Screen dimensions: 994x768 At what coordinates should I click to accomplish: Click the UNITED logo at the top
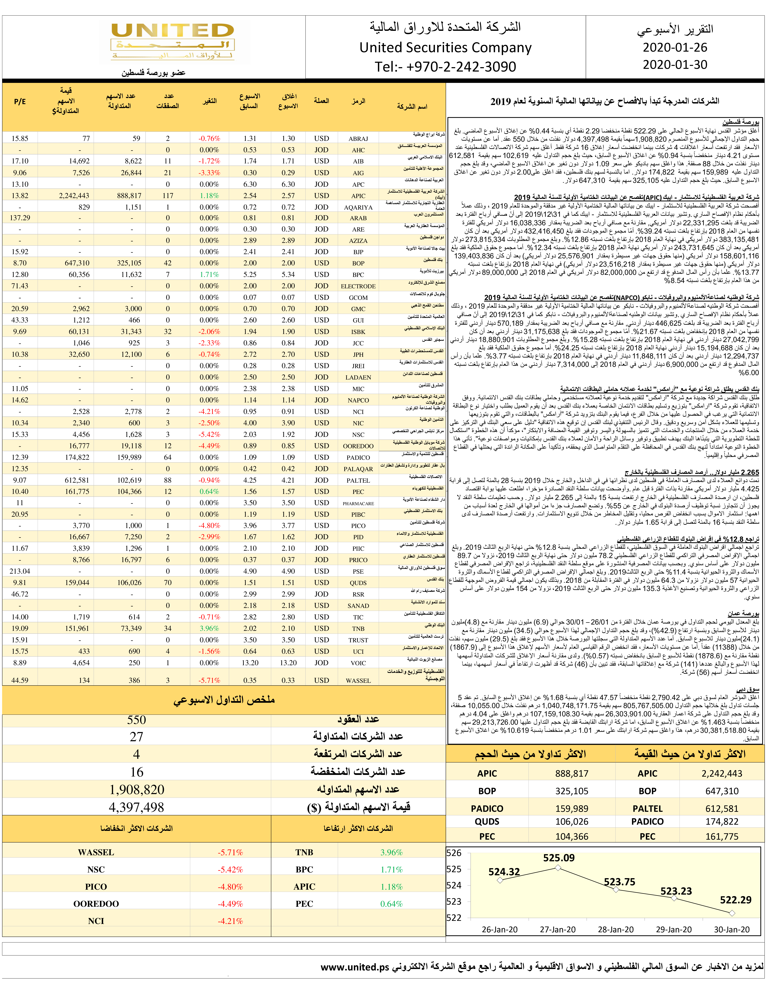pyautogui.click(x=174, y=42)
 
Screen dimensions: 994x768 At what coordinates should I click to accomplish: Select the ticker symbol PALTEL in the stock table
pyautogui.click(x=358, y=480)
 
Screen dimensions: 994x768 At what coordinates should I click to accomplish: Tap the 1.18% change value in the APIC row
pyautogui.click(x=209, y=196)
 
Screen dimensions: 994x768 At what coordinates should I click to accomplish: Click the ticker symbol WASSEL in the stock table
pyautogui.click(x=358, y=680)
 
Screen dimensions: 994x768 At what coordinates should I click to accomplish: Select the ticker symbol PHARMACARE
pyautogui.click(x=358, y=503)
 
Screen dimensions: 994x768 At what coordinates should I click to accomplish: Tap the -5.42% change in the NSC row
pyautogui.click(x=209, y=435)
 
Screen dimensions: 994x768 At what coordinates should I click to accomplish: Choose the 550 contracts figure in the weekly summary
pyautogui.click(x=137, y=720)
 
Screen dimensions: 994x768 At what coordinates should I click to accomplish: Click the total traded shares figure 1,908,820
pyautogui.click(x=137, y=790)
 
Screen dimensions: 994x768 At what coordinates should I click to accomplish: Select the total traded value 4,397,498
pyautogui.click(x=137, y=807)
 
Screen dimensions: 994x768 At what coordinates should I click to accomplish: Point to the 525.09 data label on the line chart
pyautogui.click(x=559, y=858)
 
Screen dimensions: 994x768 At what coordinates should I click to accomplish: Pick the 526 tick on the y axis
pyautogui.click(x=454, y=853)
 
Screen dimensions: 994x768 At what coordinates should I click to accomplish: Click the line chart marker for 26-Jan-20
pyautogui.click(x=500, y=880)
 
